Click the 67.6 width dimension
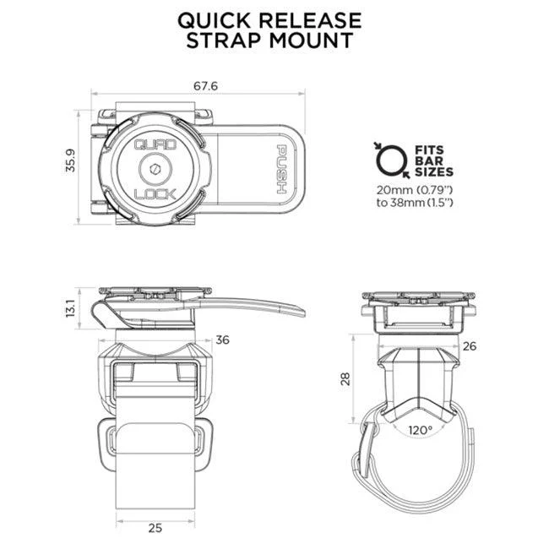(205, 86)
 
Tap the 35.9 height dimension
(70, 160)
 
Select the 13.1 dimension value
(70, 308)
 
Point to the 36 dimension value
(223, 340)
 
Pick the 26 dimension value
(470, 346)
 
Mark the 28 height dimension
(345, 379)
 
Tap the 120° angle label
(420, 430)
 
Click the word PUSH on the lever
(282, 169)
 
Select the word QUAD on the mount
(155, 144)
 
